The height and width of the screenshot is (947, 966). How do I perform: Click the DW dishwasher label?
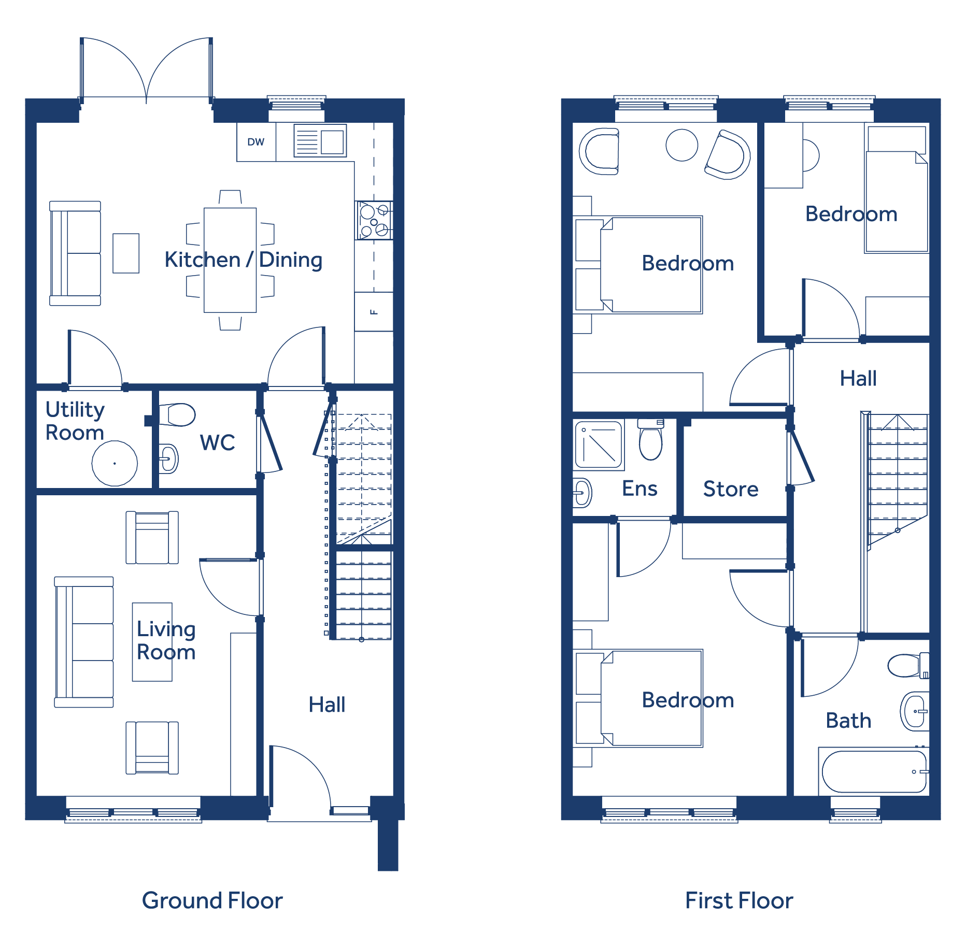256,142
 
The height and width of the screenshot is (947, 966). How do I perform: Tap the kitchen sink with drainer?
320,140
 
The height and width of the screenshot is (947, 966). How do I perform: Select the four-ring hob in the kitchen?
374,220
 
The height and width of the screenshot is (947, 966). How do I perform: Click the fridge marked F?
374,312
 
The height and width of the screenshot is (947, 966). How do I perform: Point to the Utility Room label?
75,421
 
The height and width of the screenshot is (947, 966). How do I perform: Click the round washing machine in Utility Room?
115,463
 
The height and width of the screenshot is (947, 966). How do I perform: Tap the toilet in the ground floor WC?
177,414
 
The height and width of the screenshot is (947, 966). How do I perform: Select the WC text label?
217,442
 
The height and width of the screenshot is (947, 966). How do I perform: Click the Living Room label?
166,640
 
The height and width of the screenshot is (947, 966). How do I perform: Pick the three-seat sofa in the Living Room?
84,642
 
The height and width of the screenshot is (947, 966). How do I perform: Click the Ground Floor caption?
212,900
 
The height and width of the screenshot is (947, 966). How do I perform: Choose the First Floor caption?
739,900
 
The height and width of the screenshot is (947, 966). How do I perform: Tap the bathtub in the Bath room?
874,771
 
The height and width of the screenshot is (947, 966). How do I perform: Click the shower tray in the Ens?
599,445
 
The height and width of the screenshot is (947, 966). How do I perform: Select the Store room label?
731,489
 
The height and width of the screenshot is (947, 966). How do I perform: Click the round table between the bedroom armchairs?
682,145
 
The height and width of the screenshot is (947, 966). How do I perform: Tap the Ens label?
640,489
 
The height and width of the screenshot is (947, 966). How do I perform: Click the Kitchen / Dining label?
244,260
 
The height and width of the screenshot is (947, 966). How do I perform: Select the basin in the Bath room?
915,711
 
